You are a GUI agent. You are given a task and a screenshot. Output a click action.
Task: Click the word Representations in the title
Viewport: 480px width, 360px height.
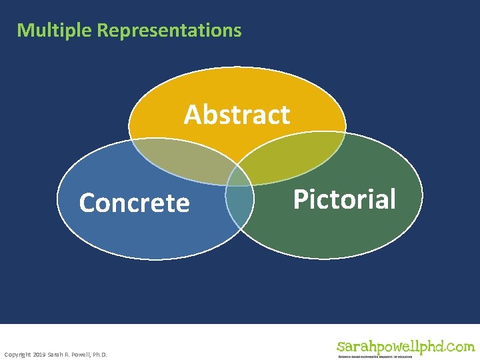pos(169,31)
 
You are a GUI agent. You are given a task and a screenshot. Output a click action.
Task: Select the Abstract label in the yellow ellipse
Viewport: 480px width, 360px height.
pos(237,115)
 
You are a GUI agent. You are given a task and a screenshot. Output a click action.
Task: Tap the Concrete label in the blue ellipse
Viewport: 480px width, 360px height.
pos(134,203)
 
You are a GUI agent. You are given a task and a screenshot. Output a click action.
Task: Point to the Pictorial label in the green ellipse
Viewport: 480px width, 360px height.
pos(345,199)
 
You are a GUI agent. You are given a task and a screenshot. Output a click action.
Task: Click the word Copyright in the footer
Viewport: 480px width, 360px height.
pos(17,354)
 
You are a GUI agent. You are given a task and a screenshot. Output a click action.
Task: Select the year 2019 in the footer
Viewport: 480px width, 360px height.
pos(39,354)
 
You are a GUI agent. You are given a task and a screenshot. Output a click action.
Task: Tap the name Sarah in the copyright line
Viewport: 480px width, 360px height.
pos(55,354)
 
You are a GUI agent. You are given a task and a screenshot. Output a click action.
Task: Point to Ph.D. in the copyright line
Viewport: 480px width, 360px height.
pos(99,354)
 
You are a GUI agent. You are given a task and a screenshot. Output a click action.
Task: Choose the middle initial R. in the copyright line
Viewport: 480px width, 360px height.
pos(67,354)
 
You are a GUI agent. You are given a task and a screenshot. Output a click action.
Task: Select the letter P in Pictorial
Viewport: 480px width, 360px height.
pos(301,199)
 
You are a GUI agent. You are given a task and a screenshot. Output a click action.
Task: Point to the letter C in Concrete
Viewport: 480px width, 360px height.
pos(87,203)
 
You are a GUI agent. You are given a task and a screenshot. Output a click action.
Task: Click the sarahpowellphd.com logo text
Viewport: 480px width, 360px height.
pos(405,347)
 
